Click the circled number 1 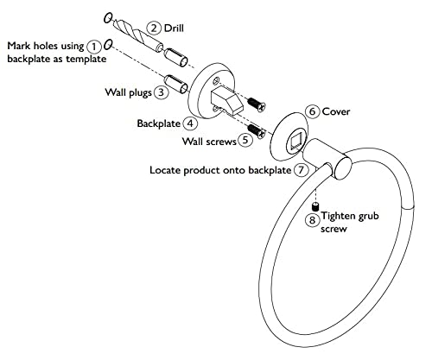pos(94,47)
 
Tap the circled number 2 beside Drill pos(154,28)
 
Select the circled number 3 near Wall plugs pos(161,92)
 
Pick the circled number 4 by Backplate pos(190,123)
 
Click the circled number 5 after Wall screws pos(245,140)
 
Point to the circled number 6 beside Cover pos(313,111)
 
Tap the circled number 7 pos(301,170)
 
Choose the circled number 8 pos(312,220)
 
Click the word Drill pos(174,28)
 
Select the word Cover pos(336,111)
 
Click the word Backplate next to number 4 pos(159,123)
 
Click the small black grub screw pos(316,206)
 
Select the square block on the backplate pos(227,100)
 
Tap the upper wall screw pos(256,104)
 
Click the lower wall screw pos(256,131)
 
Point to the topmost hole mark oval pos(108,18)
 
